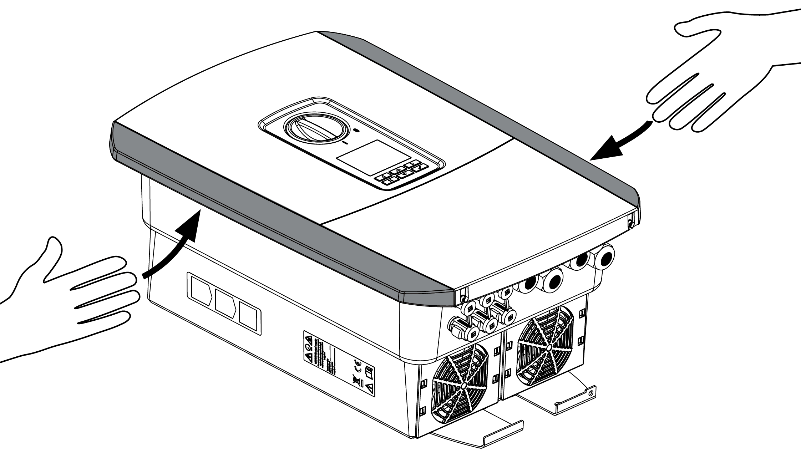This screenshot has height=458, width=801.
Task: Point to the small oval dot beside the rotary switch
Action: [356, 131]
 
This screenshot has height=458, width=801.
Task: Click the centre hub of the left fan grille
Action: [464, 386]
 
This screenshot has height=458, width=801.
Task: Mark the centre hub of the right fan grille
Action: [549, 346]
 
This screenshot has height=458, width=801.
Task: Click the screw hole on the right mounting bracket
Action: [590, 393]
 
